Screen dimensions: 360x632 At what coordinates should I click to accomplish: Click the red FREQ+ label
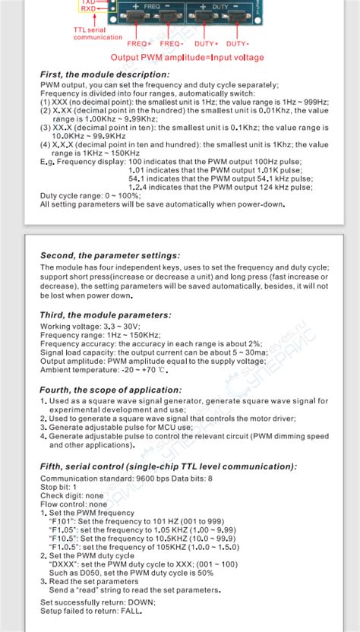(x=139, y=43)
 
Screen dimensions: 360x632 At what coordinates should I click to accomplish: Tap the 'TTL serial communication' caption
(x=97, y=33)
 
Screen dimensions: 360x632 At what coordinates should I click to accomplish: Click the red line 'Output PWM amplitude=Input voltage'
(x=188, y=58)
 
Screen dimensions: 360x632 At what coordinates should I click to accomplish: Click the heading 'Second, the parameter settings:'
(x=110, y=255)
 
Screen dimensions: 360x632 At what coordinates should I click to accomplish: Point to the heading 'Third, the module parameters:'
(x=106, y=314)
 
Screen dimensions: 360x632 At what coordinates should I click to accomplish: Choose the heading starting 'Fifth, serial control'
(x=168, y=466)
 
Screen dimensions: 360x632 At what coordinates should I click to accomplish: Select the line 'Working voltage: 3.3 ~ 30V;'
(x=88, y=326)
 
